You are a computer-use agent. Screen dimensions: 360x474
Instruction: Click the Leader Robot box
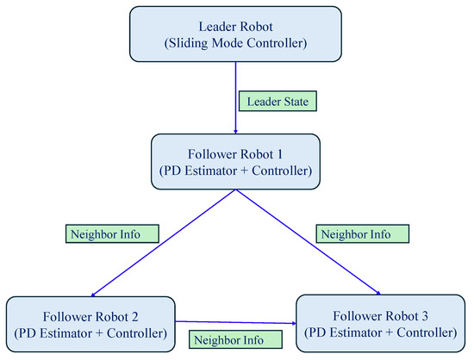pyautogui.click(x=236, y=32)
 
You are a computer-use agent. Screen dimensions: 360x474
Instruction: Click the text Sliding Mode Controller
pyautogui.click(x=237, y=40)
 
